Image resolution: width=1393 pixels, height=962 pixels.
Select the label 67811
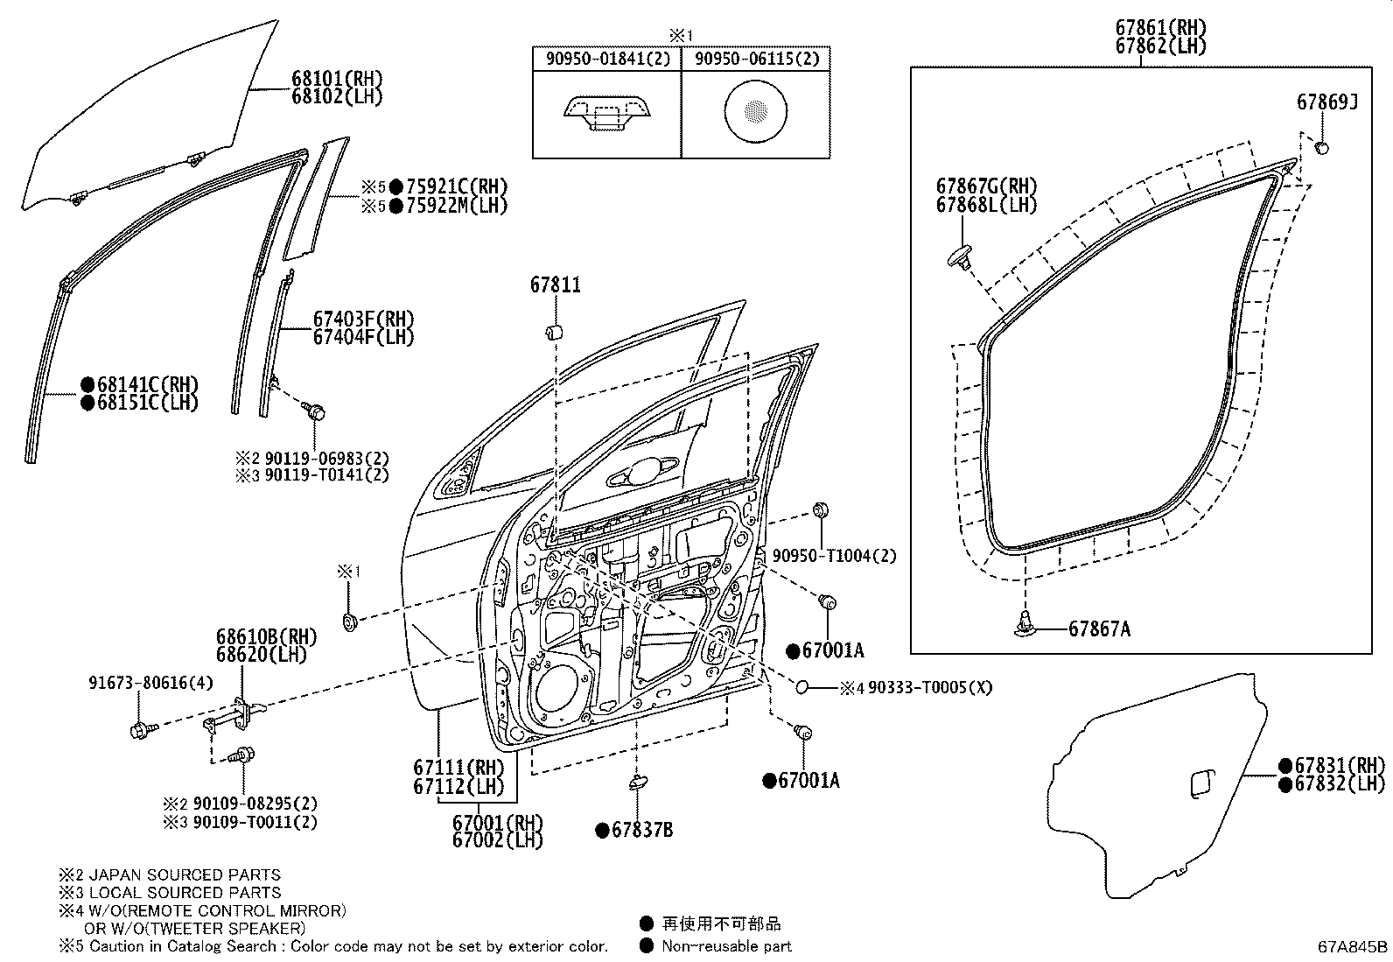(x=555, y=285)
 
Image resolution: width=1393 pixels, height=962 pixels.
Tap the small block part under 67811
(x=553, y=333)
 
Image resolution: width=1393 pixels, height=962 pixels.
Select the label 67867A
(x=1099, y=629)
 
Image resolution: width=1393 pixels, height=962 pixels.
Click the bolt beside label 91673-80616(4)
(x=140, y=729)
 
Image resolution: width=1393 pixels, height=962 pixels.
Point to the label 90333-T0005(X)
(x=930, y=688)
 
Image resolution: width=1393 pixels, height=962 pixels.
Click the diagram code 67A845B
(x=1353, y=946)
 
